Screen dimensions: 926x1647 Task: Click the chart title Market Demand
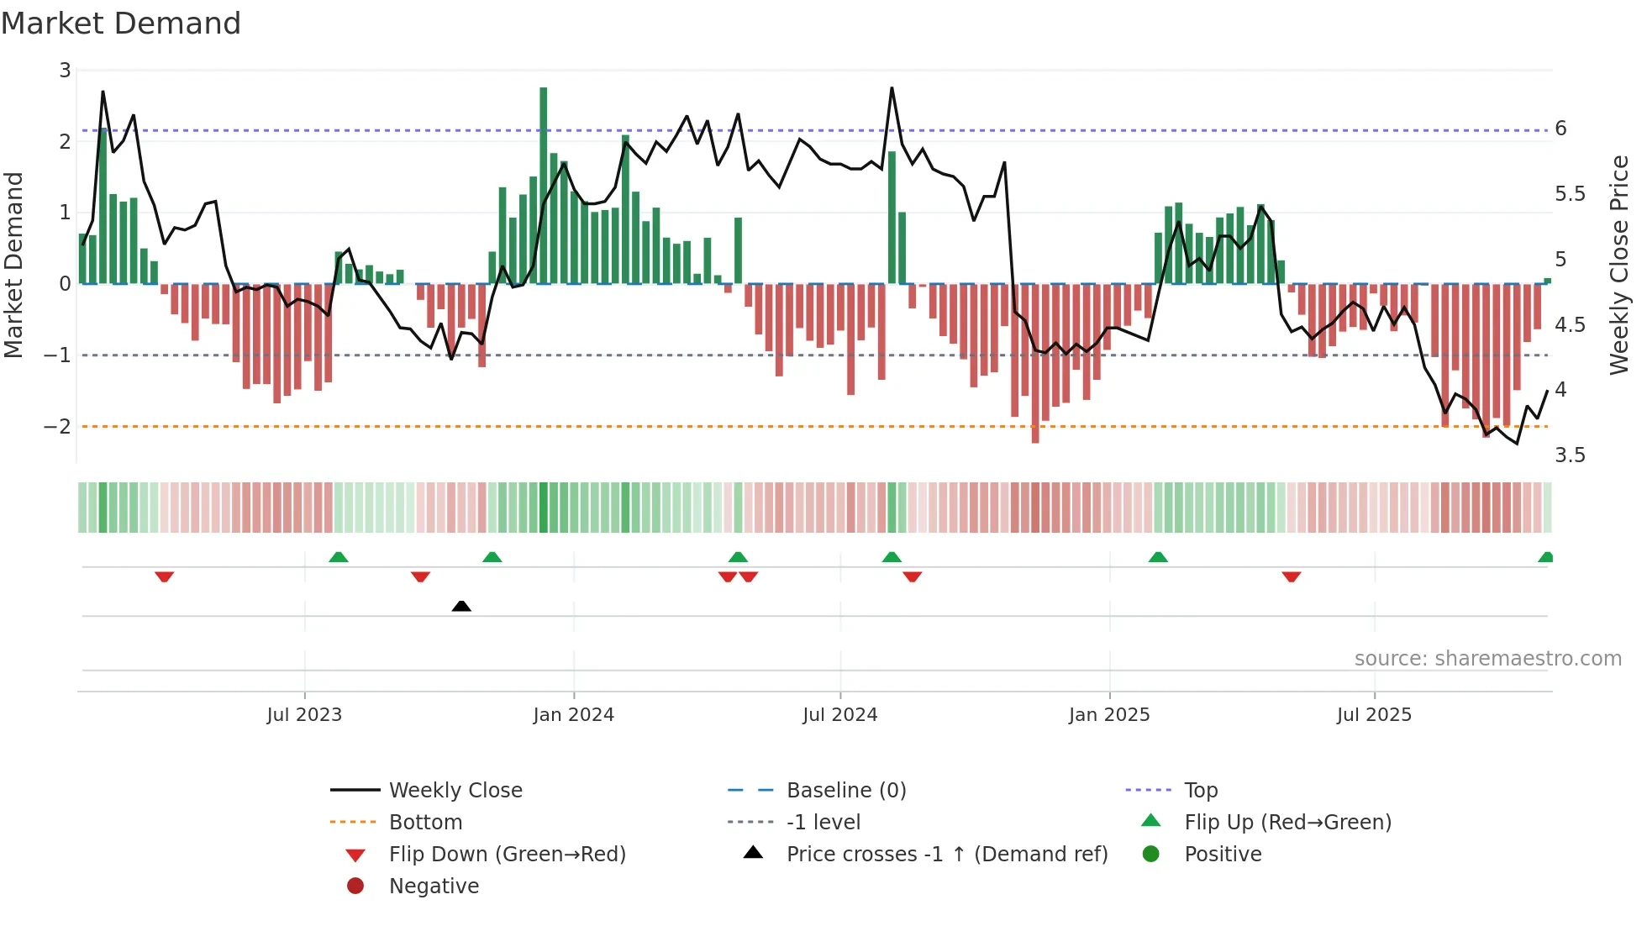pos(121,24)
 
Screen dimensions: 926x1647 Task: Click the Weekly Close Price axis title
pos(1619,265)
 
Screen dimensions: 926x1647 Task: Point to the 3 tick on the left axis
pos(65,71)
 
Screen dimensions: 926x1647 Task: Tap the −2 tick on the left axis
pos(57,427)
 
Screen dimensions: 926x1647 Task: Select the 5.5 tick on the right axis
pos(1570,194)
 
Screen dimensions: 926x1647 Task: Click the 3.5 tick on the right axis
pos(1570,455)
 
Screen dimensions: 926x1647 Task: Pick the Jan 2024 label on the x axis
pos(573,715)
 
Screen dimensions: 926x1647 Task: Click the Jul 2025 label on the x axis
pos(1374,715)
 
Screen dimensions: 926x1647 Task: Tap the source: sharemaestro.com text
pos(1487,659)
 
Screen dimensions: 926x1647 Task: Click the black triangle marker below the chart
pos(461,607)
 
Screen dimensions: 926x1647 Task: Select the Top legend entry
pos(1200,791)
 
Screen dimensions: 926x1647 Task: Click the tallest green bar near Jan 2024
pos(544,185)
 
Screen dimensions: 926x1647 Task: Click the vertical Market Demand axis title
pos(14,265)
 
